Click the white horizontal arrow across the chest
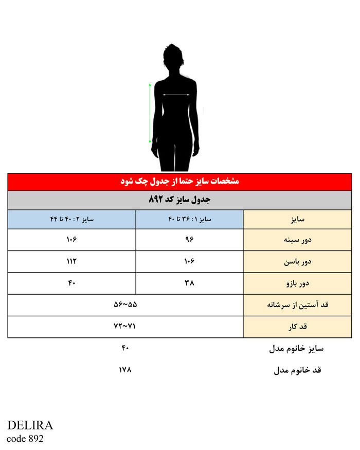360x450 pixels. click(x=176, y=95)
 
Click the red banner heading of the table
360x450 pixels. click(x=179, y=182)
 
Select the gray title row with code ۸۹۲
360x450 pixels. click(x=179, y=200)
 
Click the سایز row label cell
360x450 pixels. click(x=297, y=219)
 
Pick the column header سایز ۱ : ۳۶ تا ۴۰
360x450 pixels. click(x=189, y=219)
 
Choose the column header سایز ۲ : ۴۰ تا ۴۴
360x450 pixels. click(x=71, y=219)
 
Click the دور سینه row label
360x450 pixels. click(x=297, y=240)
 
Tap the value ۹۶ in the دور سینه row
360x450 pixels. click(x=189, y=240)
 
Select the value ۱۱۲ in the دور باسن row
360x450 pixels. click(x=71, y=261)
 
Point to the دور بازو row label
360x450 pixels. click(x=297, y=283)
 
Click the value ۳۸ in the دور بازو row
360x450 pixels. click(x=189, y=283)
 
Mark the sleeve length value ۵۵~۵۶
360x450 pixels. click(x=125, y=305)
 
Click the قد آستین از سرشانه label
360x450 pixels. click(x=297, y=305)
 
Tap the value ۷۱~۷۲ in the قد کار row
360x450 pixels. click(x=125, y=327)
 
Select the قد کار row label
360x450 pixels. click(x=297, y=327)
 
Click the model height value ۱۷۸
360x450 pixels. click(x=125, y=369)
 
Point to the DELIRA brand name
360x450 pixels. click(x=30, y=426)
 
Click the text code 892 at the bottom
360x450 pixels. click(x=25, y=439)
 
